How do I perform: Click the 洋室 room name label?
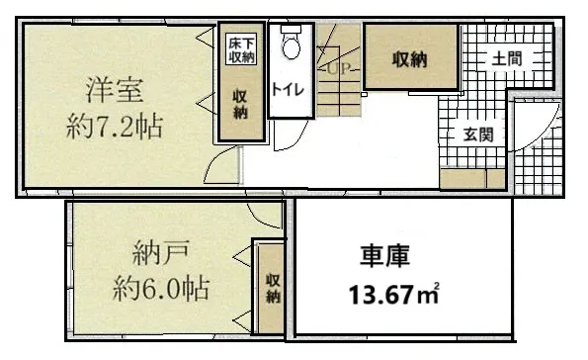point(115,90)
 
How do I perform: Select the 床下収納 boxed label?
point(241,49)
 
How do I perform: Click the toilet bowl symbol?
point(292,43)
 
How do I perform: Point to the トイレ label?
point(288,90)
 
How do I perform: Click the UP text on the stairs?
point(339,68)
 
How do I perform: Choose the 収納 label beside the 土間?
point(410,59)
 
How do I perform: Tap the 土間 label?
point(507,59)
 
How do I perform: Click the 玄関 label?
point(478,135)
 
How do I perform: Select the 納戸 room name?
point(160,254)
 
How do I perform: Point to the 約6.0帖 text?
point(161,289)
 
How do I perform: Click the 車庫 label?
point(384,256)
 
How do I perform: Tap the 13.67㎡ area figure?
point(393,293)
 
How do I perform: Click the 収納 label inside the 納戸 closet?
point(273,289)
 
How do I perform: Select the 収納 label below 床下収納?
point(240,105)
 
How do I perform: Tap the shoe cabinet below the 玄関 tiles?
point(472,178)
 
